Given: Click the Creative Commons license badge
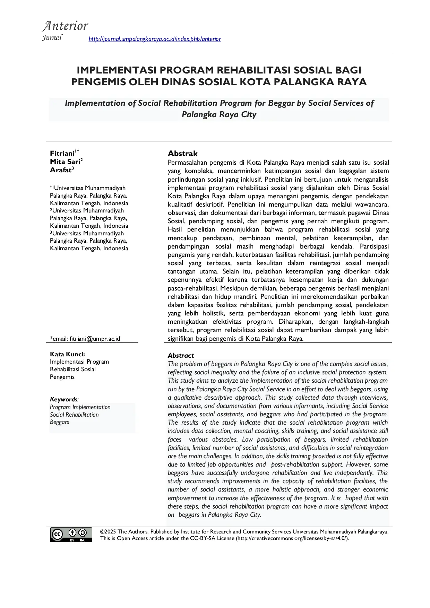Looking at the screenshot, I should pos(71,535).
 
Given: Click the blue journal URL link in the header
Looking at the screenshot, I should pos(155,39).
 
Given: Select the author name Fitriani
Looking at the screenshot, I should pos(62,153).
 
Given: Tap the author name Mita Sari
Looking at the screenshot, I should pos(65,162).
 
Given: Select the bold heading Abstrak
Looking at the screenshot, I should pos(182,154).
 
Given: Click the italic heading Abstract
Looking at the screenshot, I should pos(181,356).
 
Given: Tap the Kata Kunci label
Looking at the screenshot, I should pos(67,354).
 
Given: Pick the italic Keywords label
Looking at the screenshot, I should pos(64,399).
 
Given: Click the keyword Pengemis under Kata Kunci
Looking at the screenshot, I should pos(62,377).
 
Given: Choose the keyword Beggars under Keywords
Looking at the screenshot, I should pos(59,422).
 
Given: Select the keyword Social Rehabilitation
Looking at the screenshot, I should pos(74,415).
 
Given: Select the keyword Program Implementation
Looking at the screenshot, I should pos(80,407).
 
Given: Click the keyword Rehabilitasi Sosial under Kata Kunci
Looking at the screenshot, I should pos(73,369).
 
